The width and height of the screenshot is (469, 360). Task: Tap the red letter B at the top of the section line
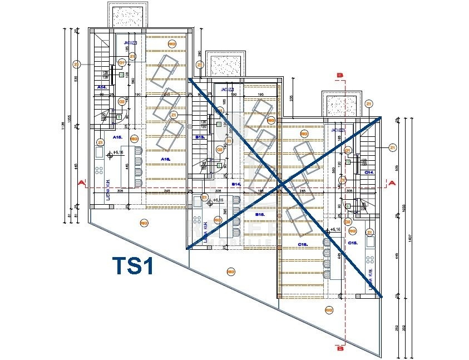point(340,75)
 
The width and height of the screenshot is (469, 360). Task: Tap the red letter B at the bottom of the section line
point(340,348)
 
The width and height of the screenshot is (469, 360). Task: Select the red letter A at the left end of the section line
point(81,183)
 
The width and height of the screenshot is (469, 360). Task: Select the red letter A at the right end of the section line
point(392,183)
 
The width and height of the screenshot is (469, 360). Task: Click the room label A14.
point(102,87)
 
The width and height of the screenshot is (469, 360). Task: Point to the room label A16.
point(165,159)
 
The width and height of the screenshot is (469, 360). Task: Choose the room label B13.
point(200,136)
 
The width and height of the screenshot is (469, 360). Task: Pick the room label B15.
point(259,214)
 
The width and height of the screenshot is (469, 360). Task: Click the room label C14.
point(368,172)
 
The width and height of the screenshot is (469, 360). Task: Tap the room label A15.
point(117,137)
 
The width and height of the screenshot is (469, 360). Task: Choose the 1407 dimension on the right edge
point(411,236)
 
